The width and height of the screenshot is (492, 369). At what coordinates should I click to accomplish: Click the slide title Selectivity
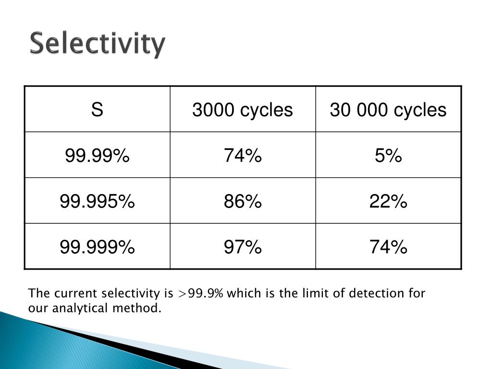pos(98,44)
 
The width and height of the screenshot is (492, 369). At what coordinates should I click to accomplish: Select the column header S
pos(97,110)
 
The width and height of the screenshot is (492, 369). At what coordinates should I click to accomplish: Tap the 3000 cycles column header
pos(242,110)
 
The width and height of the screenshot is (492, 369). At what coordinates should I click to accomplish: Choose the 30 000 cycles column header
pos(388,110)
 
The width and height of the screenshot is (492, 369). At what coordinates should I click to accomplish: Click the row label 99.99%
pos(97,156)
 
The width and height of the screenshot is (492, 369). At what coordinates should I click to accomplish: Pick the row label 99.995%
pos(97,202)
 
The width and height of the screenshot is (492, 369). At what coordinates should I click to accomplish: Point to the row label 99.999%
pos(97,247)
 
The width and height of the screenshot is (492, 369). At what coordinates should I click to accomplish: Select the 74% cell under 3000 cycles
pos(242,156)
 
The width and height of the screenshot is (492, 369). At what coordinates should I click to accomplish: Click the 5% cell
pos(388,156)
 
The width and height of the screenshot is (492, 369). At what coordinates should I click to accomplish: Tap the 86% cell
pos(242,202)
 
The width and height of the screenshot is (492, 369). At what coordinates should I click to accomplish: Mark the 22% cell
pos(388,202)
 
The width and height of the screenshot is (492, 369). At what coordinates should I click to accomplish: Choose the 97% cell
pos(242,247)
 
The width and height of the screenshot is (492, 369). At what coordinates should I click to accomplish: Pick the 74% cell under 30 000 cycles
pos(388,247)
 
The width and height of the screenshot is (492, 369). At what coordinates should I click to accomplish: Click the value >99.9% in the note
pos(200,294)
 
